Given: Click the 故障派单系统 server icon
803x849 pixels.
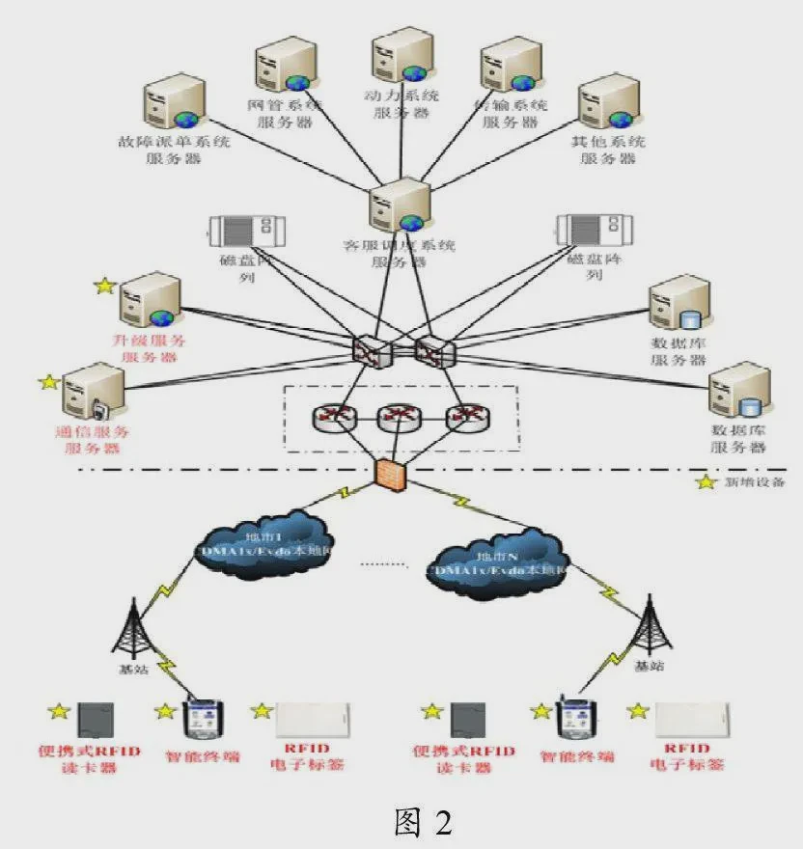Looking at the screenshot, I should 174,103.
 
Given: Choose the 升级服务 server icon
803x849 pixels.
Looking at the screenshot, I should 150,301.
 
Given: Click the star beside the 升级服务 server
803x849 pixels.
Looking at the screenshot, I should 104,287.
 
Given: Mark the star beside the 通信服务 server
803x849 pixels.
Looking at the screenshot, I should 48,383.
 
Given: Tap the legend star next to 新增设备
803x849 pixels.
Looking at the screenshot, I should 707,481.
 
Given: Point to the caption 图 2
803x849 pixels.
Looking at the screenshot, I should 423,821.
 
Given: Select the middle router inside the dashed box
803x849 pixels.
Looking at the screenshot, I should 396,417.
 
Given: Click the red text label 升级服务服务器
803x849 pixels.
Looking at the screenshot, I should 150,348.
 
